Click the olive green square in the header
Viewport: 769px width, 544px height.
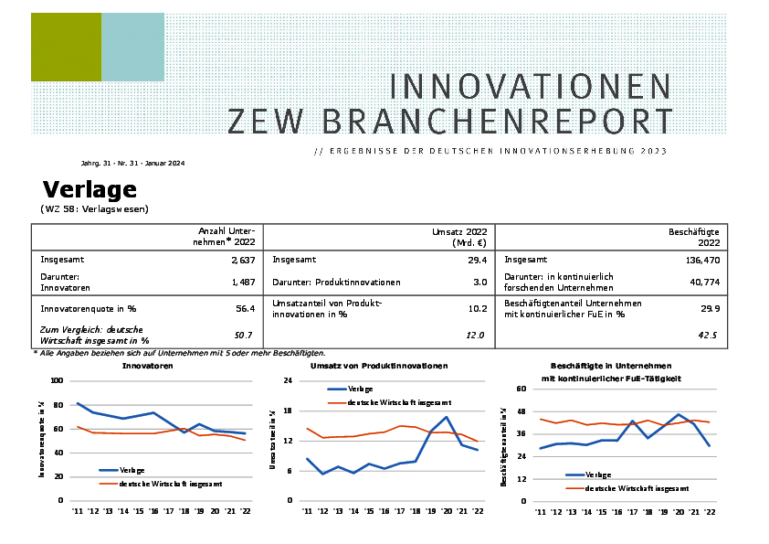point(66,47)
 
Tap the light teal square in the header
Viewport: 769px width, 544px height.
point(132,47)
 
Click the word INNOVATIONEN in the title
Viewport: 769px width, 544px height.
point(530,87)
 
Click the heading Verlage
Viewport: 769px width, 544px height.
point(90,189)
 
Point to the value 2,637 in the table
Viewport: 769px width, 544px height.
point(242,260)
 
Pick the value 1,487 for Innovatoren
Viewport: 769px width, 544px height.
point(242,282)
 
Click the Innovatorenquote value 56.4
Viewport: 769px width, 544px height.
point(244,309)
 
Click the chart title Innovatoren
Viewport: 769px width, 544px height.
point(148,366)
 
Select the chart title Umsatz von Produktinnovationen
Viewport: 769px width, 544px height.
point(379,366)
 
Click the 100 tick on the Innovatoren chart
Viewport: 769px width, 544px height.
point(57,380)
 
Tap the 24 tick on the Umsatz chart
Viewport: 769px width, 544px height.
point(288,380)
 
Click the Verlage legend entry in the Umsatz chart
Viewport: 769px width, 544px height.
point(360,389)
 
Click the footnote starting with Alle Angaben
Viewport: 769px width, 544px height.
point(179,353)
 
